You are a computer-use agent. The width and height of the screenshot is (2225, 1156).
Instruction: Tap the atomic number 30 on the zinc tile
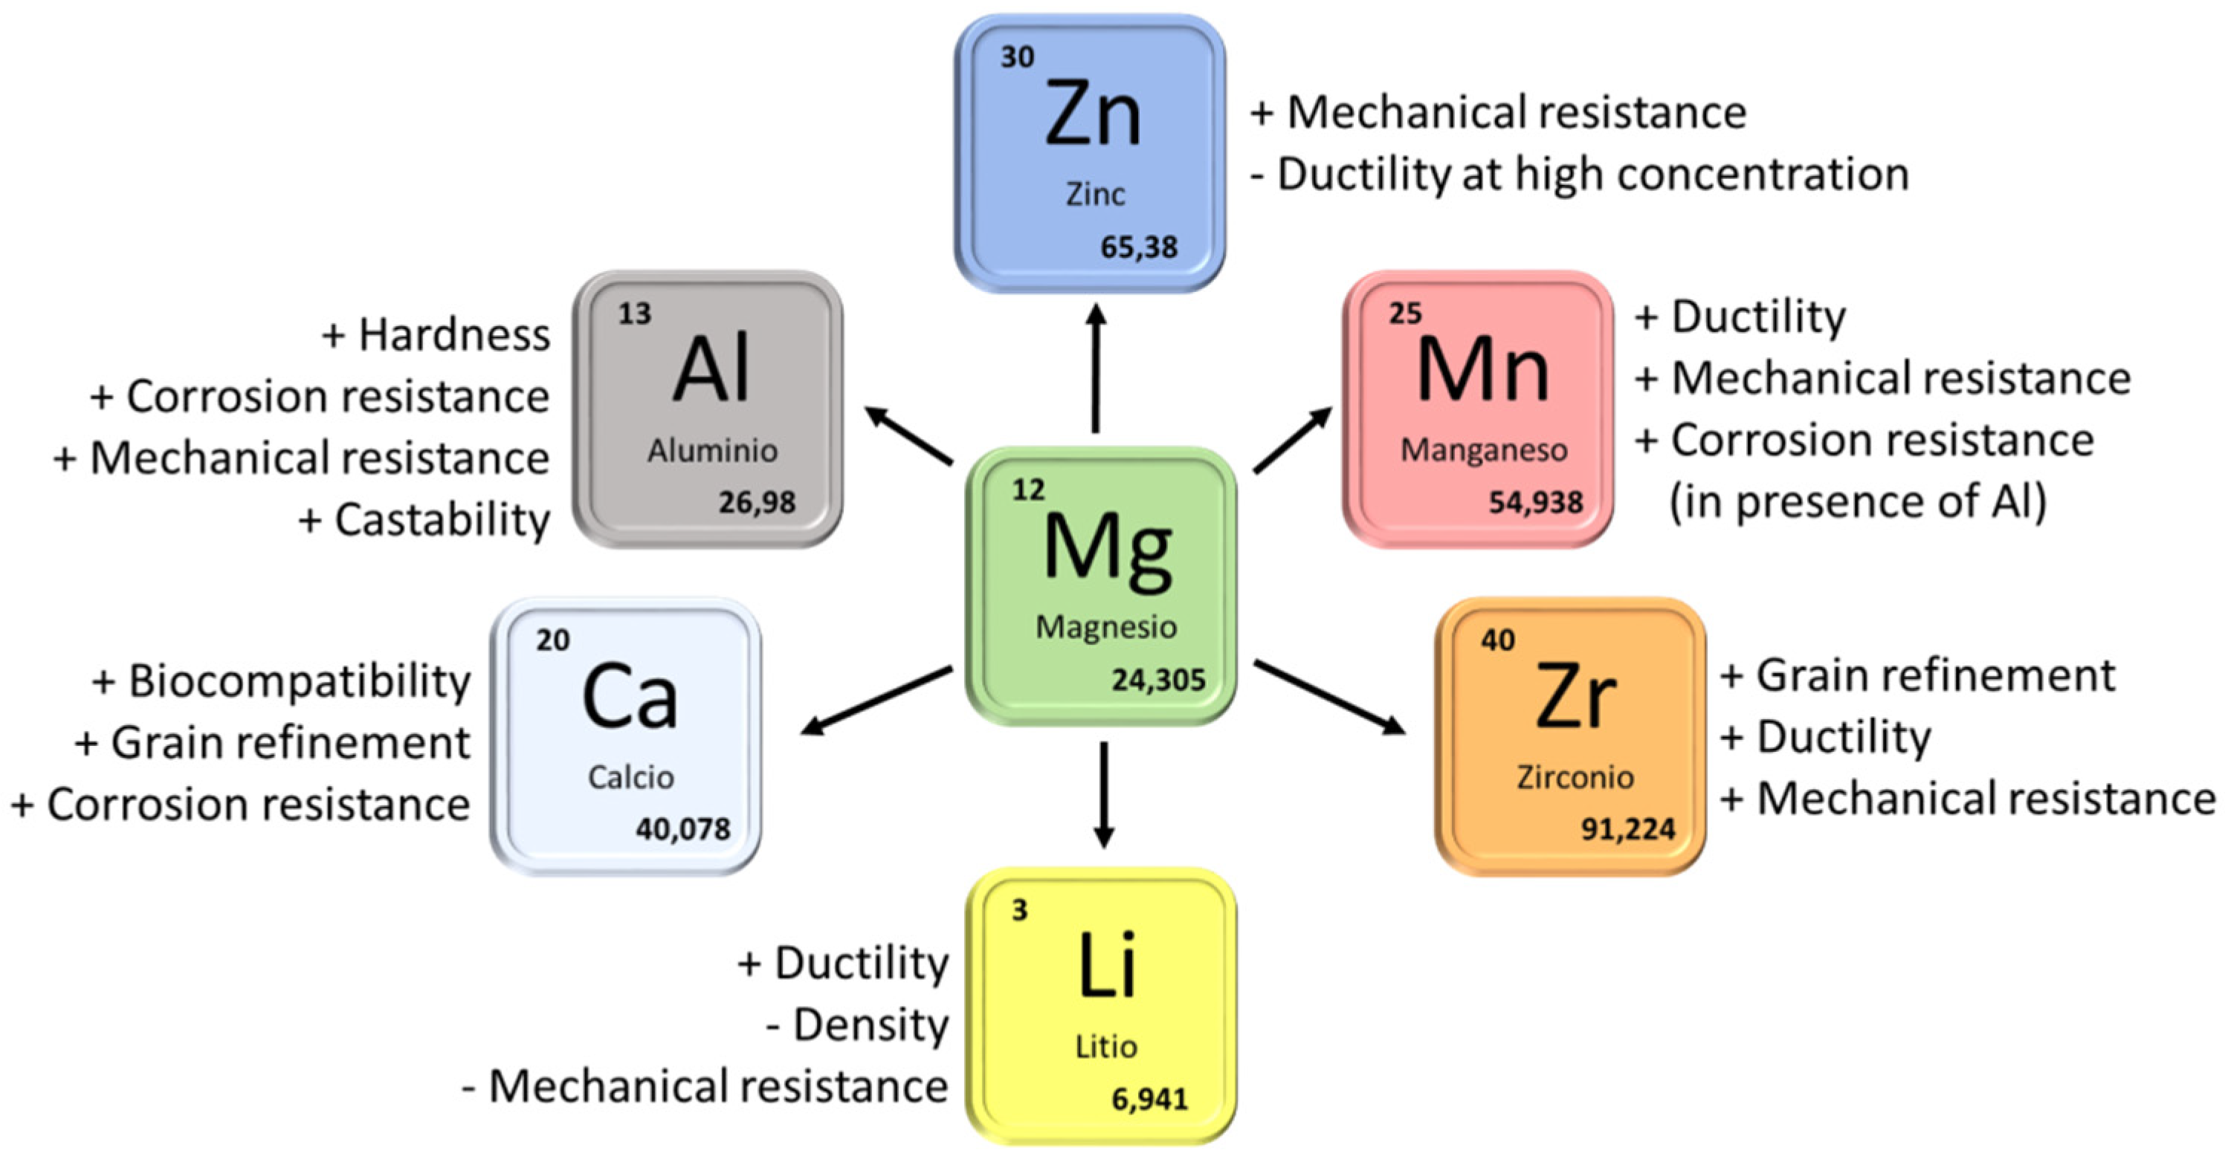(x=1018, y=57)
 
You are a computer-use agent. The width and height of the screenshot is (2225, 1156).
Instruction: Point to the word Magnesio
(x=1105, y=627)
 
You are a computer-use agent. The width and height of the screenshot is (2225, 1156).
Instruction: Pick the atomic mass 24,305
(x=1158, y=681)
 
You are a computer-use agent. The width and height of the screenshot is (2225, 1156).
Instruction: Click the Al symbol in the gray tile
(x=711, y=369)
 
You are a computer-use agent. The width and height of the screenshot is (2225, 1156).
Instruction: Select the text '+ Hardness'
(x=436, y=335)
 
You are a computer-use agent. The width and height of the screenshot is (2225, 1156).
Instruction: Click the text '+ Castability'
(x=424, y=520)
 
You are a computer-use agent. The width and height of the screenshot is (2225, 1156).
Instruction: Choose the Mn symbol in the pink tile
(x=1483, y=369)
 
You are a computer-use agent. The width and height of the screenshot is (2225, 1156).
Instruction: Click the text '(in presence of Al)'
(x=1858, y=501)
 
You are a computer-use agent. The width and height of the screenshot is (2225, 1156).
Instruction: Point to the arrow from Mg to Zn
(x=1096, y=368)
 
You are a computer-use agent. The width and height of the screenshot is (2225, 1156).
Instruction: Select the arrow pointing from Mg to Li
(x=1103, y=794)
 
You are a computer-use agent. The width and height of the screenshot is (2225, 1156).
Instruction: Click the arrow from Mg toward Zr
(x=1328, y=697)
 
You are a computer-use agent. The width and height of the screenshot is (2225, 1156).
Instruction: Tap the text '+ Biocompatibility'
(x=282, y=681)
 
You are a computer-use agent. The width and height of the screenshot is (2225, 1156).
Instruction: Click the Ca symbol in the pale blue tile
(x=630, y=697)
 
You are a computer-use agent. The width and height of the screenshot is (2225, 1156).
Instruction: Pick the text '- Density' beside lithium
(x=857, y=1025)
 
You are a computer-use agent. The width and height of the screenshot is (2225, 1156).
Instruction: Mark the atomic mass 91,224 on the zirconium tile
(x=1627, y=830)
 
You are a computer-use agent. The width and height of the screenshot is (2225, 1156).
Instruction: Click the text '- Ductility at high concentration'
(x=1580, y=175)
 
